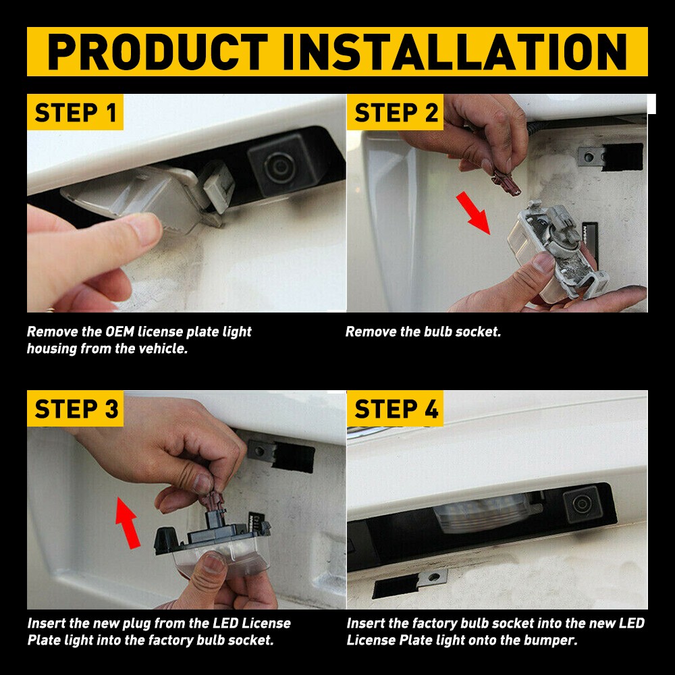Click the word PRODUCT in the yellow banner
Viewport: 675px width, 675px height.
coord(157,52)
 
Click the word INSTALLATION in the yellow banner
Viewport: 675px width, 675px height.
coord(455,52)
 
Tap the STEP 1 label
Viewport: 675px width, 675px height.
coord(76,113)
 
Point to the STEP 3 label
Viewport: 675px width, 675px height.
coord(76,409)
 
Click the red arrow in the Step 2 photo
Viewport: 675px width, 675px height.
coord(473,213)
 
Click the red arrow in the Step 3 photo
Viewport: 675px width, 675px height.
coord(128,522)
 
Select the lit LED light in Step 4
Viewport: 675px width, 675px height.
coord(482,512)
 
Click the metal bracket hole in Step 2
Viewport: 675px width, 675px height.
coord(589,157)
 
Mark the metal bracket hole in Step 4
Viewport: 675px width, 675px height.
coord(434,576)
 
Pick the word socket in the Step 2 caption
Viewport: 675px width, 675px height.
coord(479,332)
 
